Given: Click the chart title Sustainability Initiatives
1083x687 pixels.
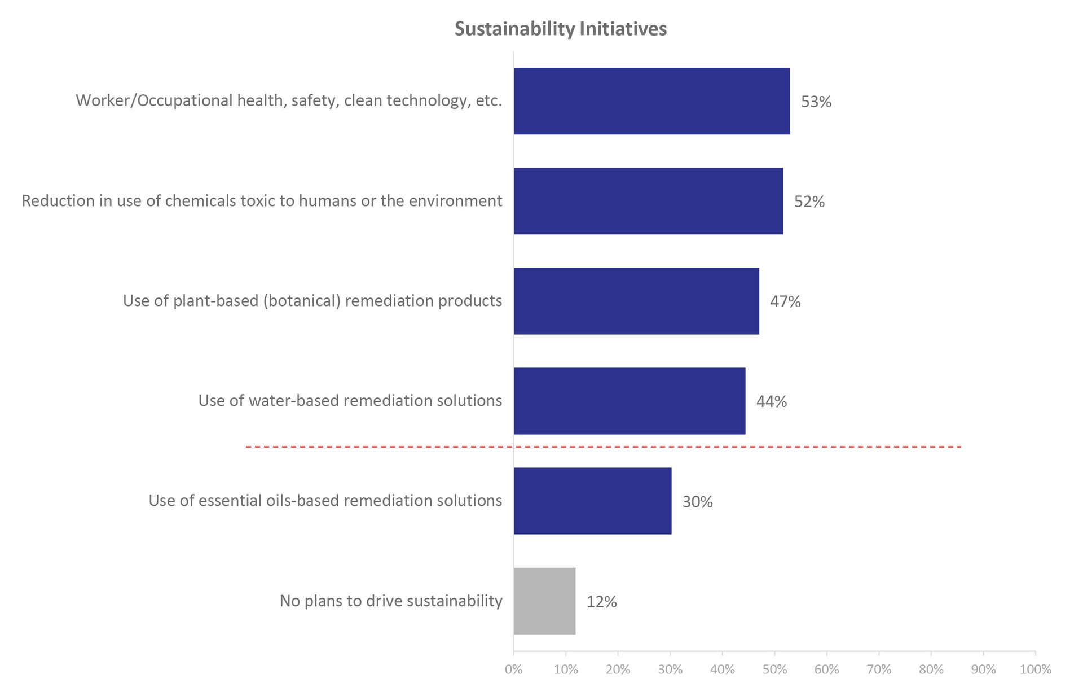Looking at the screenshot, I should pyautogui.click(x=561, y=29).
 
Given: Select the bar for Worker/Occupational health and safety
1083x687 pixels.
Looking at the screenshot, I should pyautogui.click(x=651, y=101).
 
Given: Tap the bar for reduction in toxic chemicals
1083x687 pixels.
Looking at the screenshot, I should pyautogui.click(x=648, y=201).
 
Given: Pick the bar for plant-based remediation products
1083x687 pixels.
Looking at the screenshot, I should pyautogui.click(x=636, y=301).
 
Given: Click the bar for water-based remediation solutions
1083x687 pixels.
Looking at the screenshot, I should pyautogui.click(x=629, y=401).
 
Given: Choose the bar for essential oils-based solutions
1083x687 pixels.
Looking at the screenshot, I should pyautogui.click(x=592, y=501).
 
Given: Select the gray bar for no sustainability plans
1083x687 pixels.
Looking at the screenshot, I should pyautogui.click(x=544, y=601).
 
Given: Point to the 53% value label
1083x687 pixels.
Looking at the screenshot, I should pyautogui.click(x=816, y=102).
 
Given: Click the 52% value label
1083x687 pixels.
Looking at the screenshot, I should pyautogui.click(x=809, y=202).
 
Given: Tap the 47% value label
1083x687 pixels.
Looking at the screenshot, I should pyautogui.click(x=785, y=301).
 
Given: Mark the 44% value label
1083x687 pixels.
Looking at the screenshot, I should pyautogui.click(x=772, y=401).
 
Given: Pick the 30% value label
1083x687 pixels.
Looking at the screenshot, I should pyautogui.click(x=698, y=502).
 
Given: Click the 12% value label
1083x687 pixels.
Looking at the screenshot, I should pyautogui.click(x=601, y=602).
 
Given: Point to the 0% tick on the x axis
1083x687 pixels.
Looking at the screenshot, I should pyautogui.click(x=514, y=670).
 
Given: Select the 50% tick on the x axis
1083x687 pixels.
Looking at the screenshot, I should pyautogui.click(x=774, y=670).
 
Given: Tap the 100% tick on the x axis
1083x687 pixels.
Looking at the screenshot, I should pyautogui.click(x=1036, y=670).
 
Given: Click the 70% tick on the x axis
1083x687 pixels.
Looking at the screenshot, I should pyautogui.click(x=879, y=670).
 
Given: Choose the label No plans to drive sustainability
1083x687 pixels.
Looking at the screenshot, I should pyautogui.click(x=391, y=601).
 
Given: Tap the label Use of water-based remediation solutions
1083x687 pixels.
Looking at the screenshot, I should pyautogui.click(x=350, y=401).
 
